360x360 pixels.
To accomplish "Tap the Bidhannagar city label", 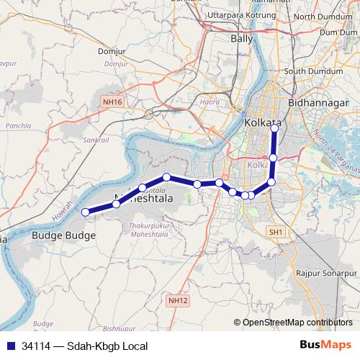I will [318, 104].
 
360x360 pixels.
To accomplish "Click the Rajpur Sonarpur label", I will [326, 274].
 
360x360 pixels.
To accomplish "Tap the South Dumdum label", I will [310, 71].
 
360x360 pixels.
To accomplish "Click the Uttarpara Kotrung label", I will [237, 15].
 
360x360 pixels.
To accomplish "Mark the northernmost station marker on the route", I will [275, 128].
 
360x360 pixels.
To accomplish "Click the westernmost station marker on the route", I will [85, 212].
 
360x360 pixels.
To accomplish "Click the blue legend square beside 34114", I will [11, 346].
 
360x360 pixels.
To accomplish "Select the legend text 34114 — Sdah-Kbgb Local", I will [84, 346].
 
